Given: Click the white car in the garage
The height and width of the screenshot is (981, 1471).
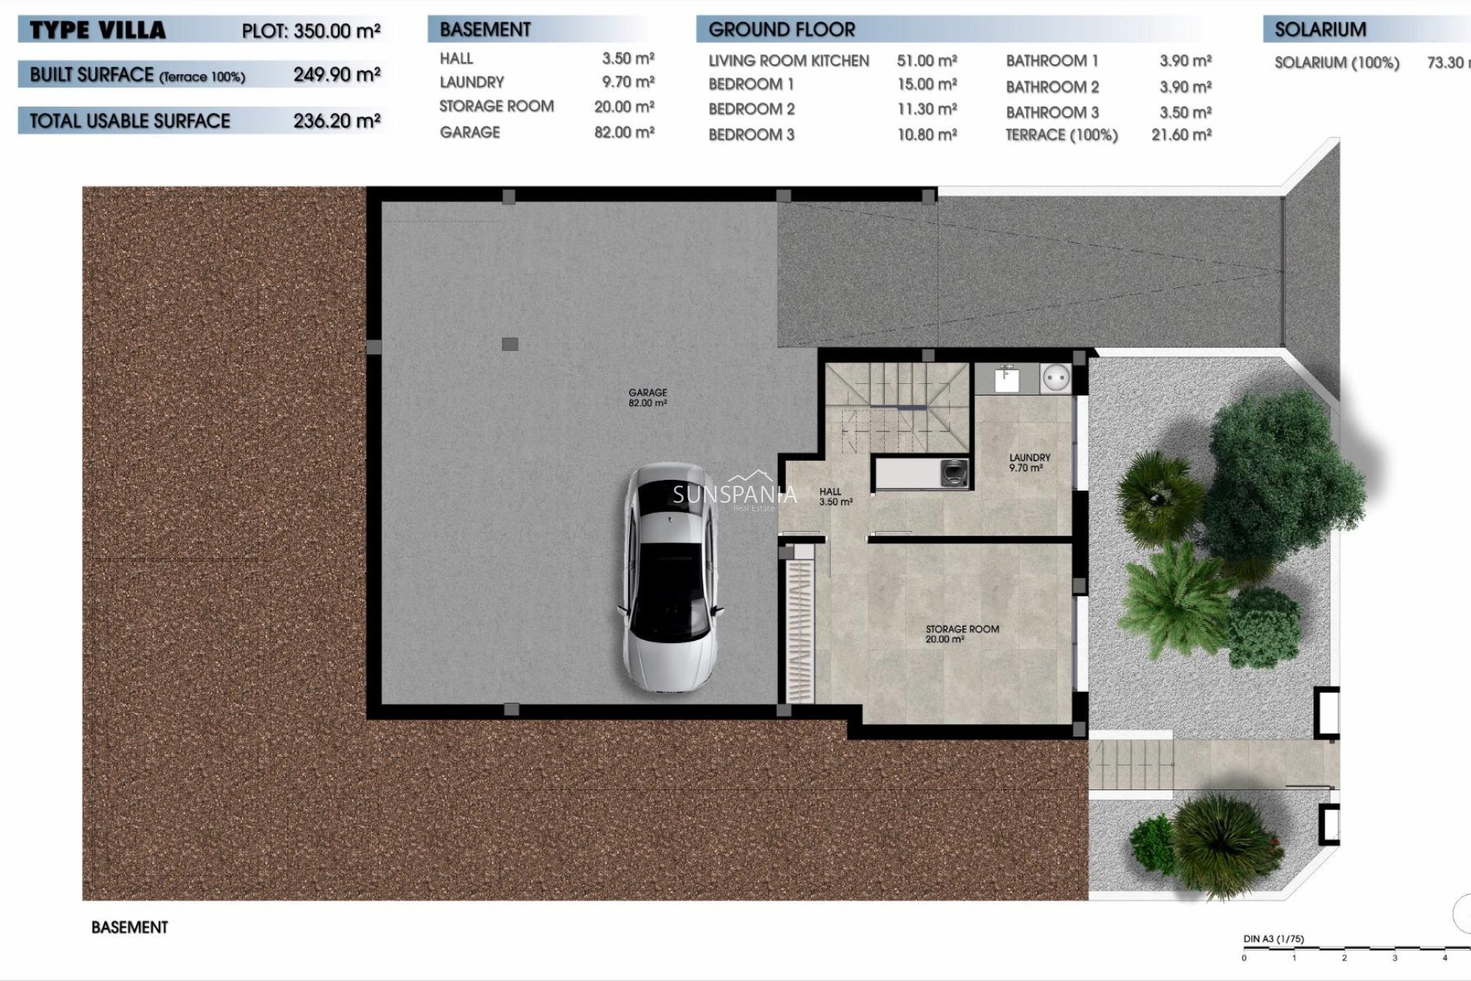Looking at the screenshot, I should (x=671, y=579).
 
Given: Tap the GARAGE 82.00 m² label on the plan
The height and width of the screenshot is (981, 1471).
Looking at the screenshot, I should (x=647, y=397).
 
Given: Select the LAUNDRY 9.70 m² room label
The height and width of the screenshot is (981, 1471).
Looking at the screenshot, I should (x=1029, y=462).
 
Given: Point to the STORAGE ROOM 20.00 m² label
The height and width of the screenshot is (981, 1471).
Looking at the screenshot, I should (x=962, y=634).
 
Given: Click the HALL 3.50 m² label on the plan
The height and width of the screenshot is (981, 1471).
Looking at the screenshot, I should (x=834, y=497).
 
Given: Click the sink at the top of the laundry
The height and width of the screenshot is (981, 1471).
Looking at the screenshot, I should (x=1007, y=378).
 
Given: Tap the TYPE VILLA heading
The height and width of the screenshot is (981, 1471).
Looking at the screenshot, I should (x=97, y=31).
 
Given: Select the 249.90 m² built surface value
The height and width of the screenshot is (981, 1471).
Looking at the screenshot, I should (x=336, y=75).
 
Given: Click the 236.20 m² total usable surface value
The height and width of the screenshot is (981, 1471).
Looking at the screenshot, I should (x=336, y=121).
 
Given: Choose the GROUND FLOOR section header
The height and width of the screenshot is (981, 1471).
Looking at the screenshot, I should (x=781, y=30).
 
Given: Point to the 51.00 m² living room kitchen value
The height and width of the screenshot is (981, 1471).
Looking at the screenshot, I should (x=926, y=61).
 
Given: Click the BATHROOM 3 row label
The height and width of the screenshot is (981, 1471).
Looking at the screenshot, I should (x=1052, y=113).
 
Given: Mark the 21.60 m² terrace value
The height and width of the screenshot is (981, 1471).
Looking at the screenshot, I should (x=1181, y=135).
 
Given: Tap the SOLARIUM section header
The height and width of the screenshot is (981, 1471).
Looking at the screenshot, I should (x=1320, y=30).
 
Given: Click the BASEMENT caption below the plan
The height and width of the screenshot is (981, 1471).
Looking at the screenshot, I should (x=129, y=927).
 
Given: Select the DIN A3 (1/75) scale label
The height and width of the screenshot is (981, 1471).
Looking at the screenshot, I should (x=1273, y=939).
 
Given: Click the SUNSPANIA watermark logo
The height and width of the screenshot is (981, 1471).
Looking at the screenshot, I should (x=734, y=494).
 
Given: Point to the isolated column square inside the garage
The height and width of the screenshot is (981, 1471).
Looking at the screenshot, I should (x=509, y=344).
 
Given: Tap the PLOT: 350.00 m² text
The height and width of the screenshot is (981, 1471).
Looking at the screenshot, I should (x=311, y=31).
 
